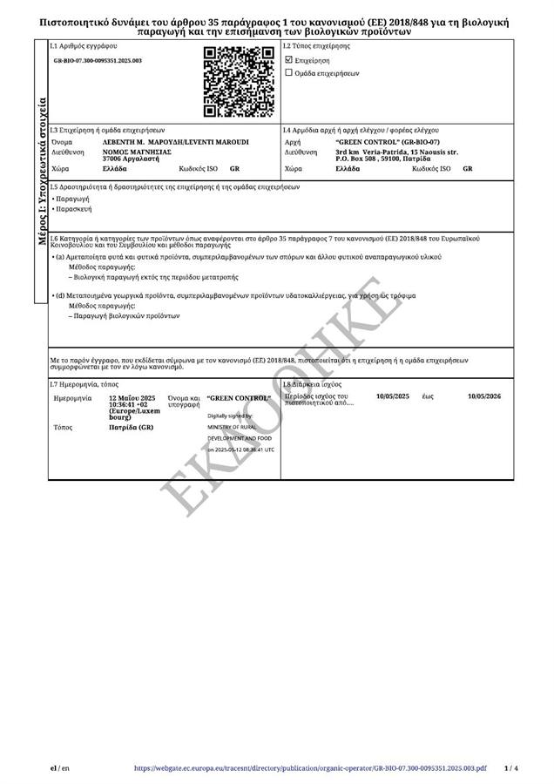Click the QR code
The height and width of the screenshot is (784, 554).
238,82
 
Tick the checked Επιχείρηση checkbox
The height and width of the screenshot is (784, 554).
289,60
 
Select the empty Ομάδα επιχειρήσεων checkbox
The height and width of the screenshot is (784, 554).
289,73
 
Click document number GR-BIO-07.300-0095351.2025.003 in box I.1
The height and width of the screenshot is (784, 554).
98,61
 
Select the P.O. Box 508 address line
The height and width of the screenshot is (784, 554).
383,159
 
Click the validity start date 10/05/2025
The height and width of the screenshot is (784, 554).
392,396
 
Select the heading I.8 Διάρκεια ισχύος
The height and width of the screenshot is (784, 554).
313,383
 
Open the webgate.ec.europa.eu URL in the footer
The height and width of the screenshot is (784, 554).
310,768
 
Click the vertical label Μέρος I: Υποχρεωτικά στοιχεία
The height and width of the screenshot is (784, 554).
41,172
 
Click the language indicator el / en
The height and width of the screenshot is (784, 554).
60,768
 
